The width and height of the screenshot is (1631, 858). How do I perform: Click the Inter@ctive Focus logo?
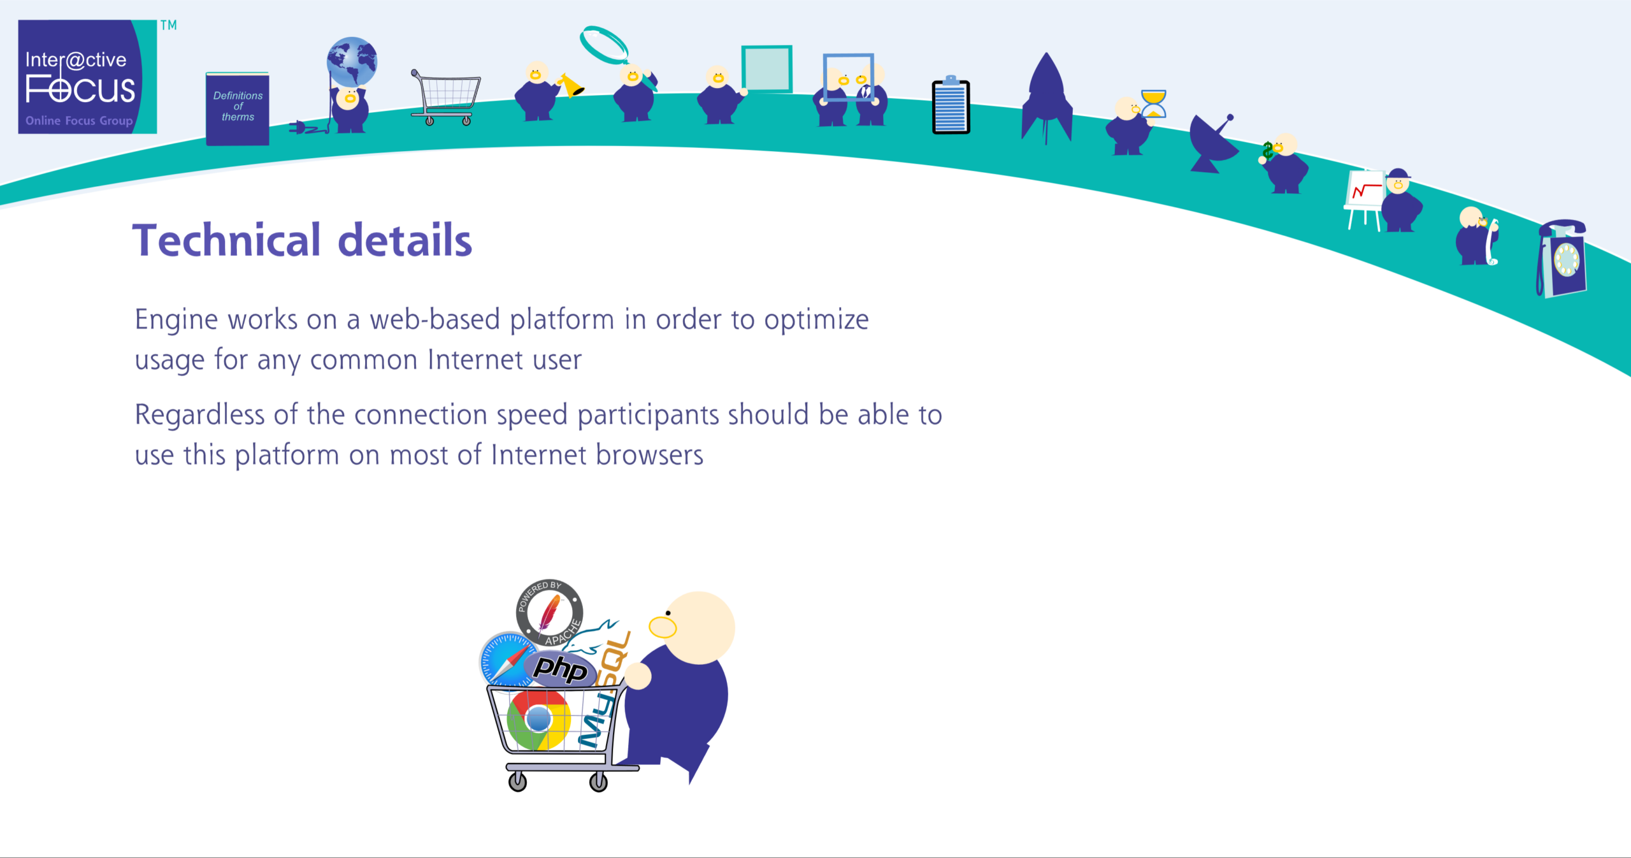pyautogui.click(x=87, y=76)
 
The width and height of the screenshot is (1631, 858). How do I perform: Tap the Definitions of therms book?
pyautogui.click(x=238, y=109)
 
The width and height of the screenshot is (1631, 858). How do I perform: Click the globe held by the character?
pyautogui.click(x=352, y=62)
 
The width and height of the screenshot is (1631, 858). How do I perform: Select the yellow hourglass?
pyautogui.click(x=1153, y=104)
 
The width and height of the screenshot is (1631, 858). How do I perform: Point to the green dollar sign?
pyautogui.click(x=1268, y=152)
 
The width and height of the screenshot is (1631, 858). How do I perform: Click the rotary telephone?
pyautogui.click(x=1562, y=259)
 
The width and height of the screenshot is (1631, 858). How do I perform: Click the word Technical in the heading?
pyautogui.click(x=226, y=240)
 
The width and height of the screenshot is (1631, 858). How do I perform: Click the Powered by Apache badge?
pyautogui.click(x=549, y=613)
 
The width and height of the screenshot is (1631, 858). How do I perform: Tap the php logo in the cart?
pyautogui.click(x=561, y=668)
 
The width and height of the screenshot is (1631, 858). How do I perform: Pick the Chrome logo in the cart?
pyautogui.click(x=539, y=719)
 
